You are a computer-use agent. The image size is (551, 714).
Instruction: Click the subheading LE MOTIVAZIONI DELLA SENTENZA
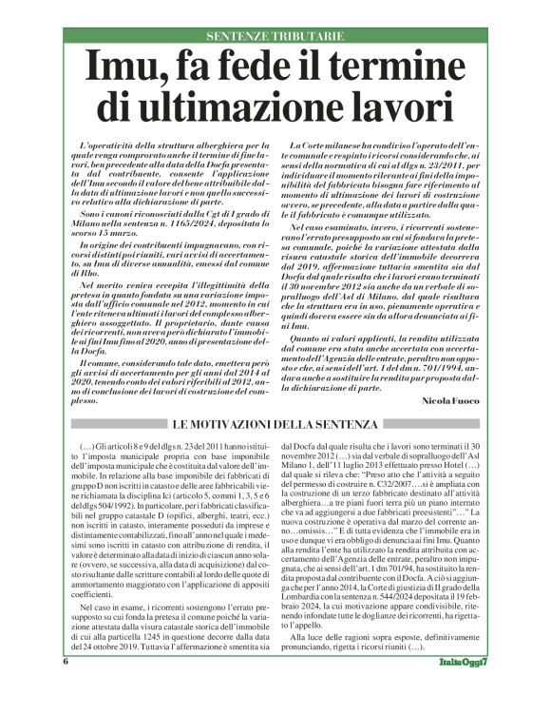pos(275,421)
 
